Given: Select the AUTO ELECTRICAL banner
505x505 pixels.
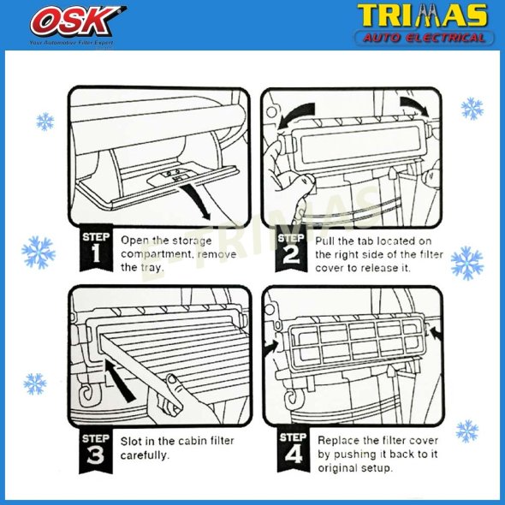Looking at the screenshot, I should (x=425, y=37).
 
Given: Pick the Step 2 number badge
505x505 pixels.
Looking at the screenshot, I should (x=290, y=249).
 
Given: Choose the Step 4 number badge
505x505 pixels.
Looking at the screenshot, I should (x=290, y=449).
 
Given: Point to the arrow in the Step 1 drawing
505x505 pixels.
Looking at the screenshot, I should (x=201, y=203).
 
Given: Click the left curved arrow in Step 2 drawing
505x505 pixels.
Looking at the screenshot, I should (x=294, y=110).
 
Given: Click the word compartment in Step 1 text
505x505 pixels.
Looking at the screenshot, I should (x=159, y=254).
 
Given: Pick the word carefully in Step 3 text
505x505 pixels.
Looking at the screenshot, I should (x=146, y=455).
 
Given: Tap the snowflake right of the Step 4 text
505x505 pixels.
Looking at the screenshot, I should (x=467, y=431).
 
